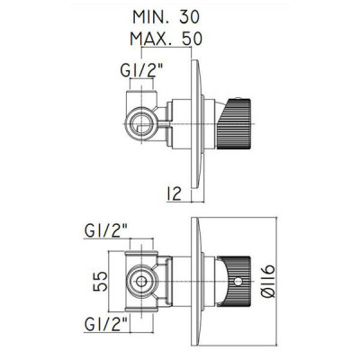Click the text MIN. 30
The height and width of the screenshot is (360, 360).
pos(166,17)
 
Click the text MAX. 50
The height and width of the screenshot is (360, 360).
pos(166,39)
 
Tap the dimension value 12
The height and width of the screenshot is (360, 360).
pos(174,193)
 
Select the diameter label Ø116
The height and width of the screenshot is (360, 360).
pos(267,281)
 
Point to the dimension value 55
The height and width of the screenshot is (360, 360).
pos(101,282)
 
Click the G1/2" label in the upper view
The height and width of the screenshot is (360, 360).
pos(141,71)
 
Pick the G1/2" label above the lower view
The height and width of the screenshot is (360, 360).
pos(106,231)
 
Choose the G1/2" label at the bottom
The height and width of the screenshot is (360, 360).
pos(106,324)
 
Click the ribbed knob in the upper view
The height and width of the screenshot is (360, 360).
pos(234,124)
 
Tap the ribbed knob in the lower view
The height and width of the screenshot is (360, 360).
pos(235,282)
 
